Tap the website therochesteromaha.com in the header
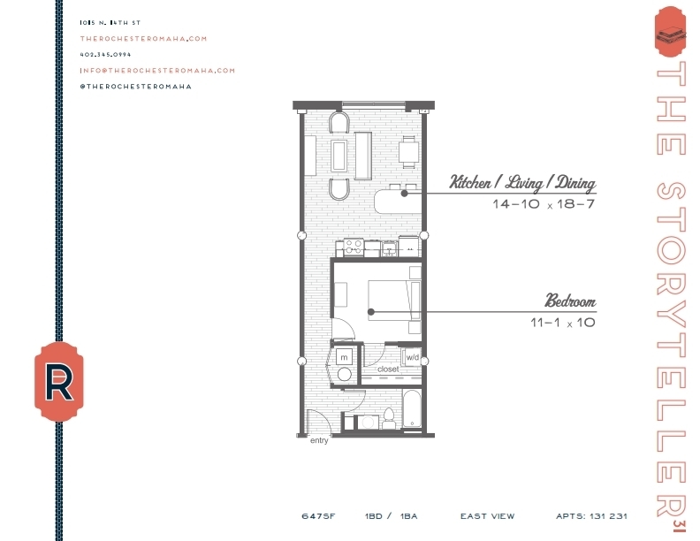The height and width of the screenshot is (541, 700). coord(143,38)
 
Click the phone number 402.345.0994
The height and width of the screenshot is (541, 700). coord(105,54)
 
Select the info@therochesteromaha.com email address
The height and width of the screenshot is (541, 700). coord(157,70)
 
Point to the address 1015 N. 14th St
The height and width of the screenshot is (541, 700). coord(110,22)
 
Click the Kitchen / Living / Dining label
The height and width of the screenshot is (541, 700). coord(522,183)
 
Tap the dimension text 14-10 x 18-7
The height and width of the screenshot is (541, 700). coord(544,205)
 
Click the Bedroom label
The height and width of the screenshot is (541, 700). coord(569,301)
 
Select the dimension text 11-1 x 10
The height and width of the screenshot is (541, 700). coord(563,324)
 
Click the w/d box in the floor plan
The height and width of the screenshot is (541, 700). coord(412,357)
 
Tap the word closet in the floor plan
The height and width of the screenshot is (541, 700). coord(389,369)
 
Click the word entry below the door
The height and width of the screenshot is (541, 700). coord(319,440)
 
